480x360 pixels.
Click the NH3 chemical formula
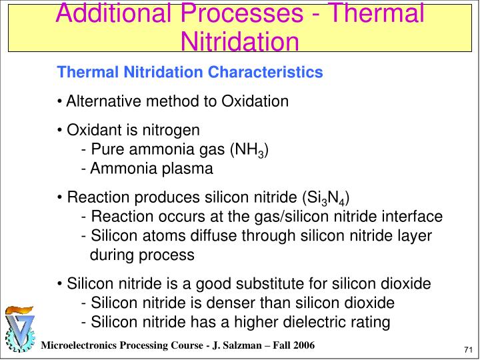(x=249, y=150)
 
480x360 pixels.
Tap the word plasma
(x=188, y=169)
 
